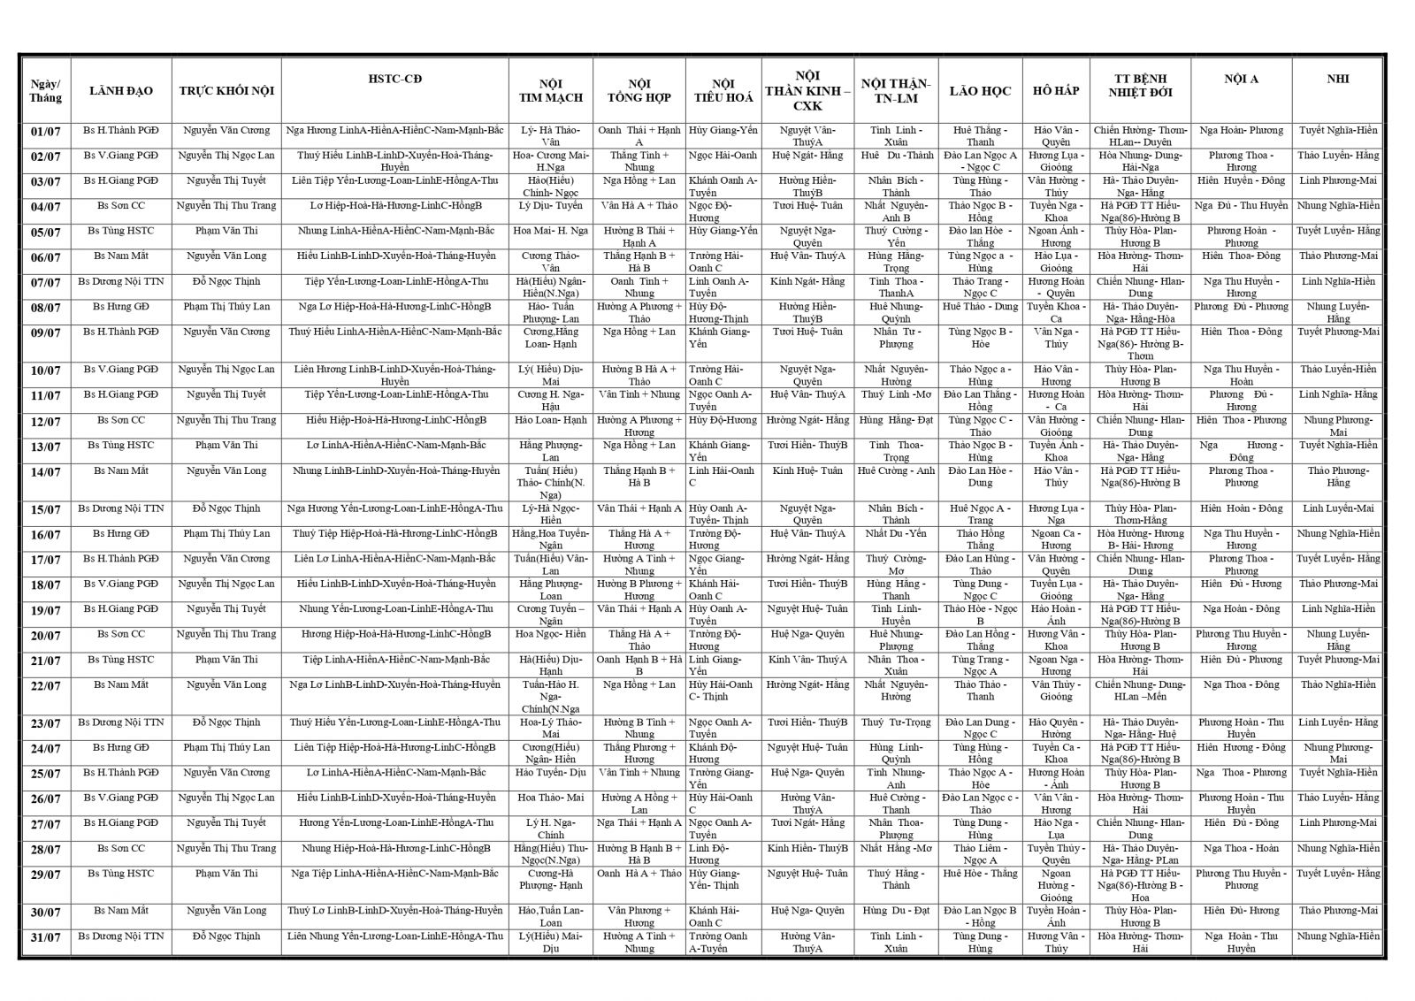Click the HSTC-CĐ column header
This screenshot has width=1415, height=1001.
coord(394,79)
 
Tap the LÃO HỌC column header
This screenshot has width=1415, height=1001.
coord(980,91)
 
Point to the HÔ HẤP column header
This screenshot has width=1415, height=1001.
coord(1056,91)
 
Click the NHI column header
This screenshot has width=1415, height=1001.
coord(1338,79)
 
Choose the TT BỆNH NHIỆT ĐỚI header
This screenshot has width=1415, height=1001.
coord(1140,85)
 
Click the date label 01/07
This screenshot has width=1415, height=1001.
coord(45,133)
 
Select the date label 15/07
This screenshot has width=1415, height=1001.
coord(45,510)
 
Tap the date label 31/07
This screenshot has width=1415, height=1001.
coord(45,937)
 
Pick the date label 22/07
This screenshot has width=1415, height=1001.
coord(45,686)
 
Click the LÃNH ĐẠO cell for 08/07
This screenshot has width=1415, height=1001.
coord(121,306)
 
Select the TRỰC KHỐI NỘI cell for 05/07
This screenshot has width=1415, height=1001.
coord(226,231)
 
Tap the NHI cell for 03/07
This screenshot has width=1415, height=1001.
coord(1338,180)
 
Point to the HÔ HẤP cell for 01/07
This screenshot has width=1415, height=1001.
coord(1056,135)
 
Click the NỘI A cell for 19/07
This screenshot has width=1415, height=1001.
coord(1241,608)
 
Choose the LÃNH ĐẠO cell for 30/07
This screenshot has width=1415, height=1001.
coord(121,910)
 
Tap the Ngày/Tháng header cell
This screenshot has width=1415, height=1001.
coord(45,91)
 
